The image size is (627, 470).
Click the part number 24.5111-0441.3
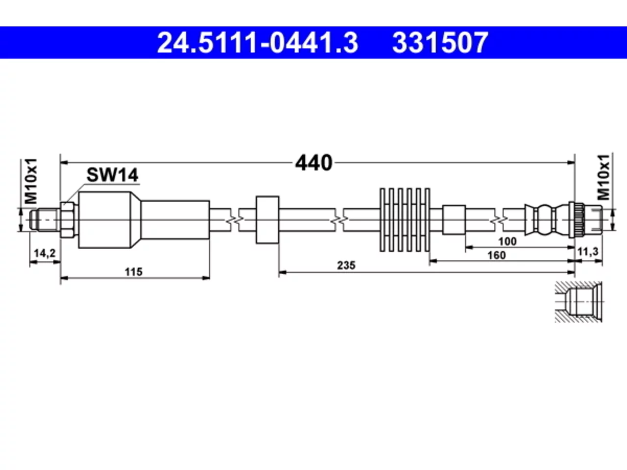[x=257, y=43]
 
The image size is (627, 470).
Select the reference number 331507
[x=440, y=43]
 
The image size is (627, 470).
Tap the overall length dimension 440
[x=313, y=163]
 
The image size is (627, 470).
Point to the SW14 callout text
[x=112, y=175]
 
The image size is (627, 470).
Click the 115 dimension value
[x=133, y=272]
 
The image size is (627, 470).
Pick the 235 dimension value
[x=346, y=265]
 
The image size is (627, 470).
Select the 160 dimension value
[x=497, y=255]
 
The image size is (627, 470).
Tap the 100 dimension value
[x=507, y=242]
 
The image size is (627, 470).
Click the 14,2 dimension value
[x=45, y=253]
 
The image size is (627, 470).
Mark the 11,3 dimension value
[x=588, y=252]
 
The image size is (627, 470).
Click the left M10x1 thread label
[x=31, y=181]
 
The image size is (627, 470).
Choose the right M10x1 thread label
[x=603, y=177]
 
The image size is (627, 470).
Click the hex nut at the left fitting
[x=68, y=220]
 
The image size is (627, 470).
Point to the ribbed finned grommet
[x=405, y=220]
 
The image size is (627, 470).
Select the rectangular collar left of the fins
[x=267, y=220]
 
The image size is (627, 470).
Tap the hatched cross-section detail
[x=579, y=302]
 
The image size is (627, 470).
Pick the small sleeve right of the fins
[x=454, y=220]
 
